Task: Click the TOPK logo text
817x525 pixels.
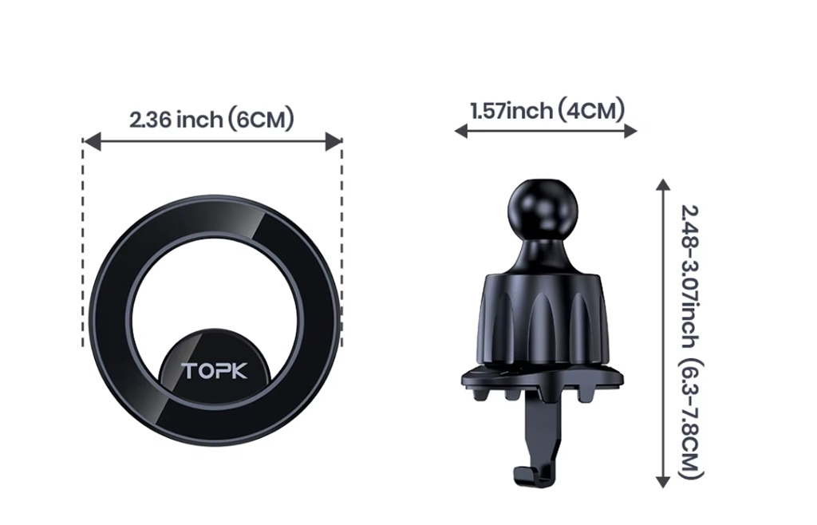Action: click(x=214, y=371)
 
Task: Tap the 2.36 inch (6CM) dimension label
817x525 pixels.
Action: click(x=211, y=120)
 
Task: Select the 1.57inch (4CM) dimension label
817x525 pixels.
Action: click(x=547, y=110)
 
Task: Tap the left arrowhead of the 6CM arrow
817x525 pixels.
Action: click(x=90, y=142)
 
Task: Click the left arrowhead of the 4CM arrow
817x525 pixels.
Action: click(x=460, y=131)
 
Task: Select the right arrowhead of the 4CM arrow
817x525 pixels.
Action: click(x=631, y=131)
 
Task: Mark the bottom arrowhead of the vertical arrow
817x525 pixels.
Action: click(x=662, y=481)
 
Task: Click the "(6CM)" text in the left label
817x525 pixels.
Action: click(x=261, y=120)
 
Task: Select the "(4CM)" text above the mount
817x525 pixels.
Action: click(x=591, y=110)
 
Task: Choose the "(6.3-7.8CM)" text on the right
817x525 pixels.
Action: click(x=691, y=419)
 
